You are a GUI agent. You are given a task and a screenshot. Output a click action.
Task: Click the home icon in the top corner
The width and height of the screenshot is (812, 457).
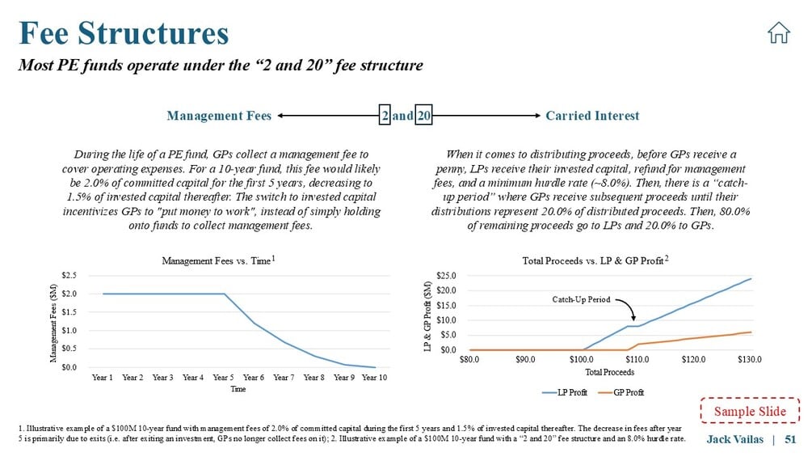coord(778,33)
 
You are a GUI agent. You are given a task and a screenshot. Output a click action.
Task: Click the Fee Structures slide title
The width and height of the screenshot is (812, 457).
coord(124,33)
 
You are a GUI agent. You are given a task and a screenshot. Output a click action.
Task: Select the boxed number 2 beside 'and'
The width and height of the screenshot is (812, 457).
coord(386,116)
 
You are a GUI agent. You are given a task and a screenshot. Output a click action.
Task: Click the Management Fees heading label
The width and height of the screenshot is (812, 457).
coord(218,116)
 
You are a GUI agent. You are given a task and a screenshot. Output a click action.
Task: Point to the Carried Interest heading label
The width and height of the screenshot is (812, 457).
coord(592,116)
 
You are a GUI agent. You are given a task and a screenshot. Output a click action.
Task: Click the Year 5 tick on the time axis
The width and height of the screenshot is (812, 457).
coord(224,377)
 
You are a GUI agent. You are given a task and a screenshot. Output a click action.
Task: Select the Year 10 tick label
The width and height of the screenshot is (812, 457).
coord(374,377)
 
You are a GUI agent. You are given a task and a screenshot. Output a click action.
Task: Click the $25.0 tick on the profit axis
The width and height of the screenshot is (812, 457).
coord(448,276)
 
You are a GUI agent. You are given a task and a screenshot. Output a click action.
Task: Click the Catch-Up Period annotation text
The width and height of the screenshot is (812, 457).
coord(580,299)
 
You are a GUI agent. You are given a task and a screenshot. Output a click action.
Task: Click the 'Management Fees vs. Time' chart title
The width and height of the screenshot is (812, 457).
coord(216,260)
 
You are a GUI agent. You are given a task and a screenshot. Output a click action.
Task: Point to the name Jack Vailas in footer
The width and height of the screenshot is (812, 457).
coord(735,438)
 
